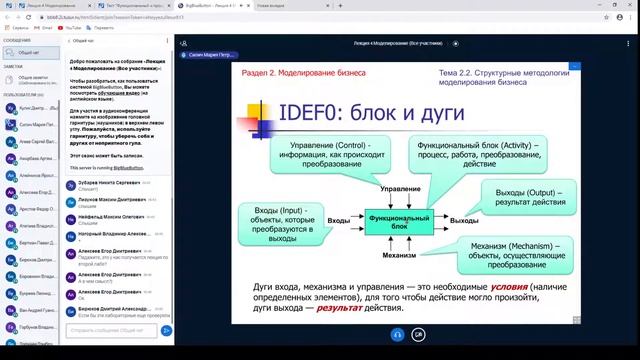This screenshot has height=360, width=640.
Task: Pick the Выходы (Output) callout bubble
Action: pyautogui.click(x=530, y=197)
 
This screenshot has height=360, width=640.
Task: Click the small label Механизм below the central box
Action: pyautogui.click(x=398, y=255)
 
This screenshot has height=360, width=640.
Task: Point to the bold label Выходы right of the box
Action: pyautogui.click(x=464, y=220)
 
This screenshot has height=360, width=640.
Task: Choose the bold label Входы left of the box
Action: pyautogui.click(x=339, y=220)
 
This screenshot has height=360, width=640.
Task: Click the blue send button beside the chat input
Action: pyautogui.click(x=166, y=330)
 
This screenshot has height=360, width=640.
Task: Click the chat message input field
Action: pyautogui.click(x=112, y=330)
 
